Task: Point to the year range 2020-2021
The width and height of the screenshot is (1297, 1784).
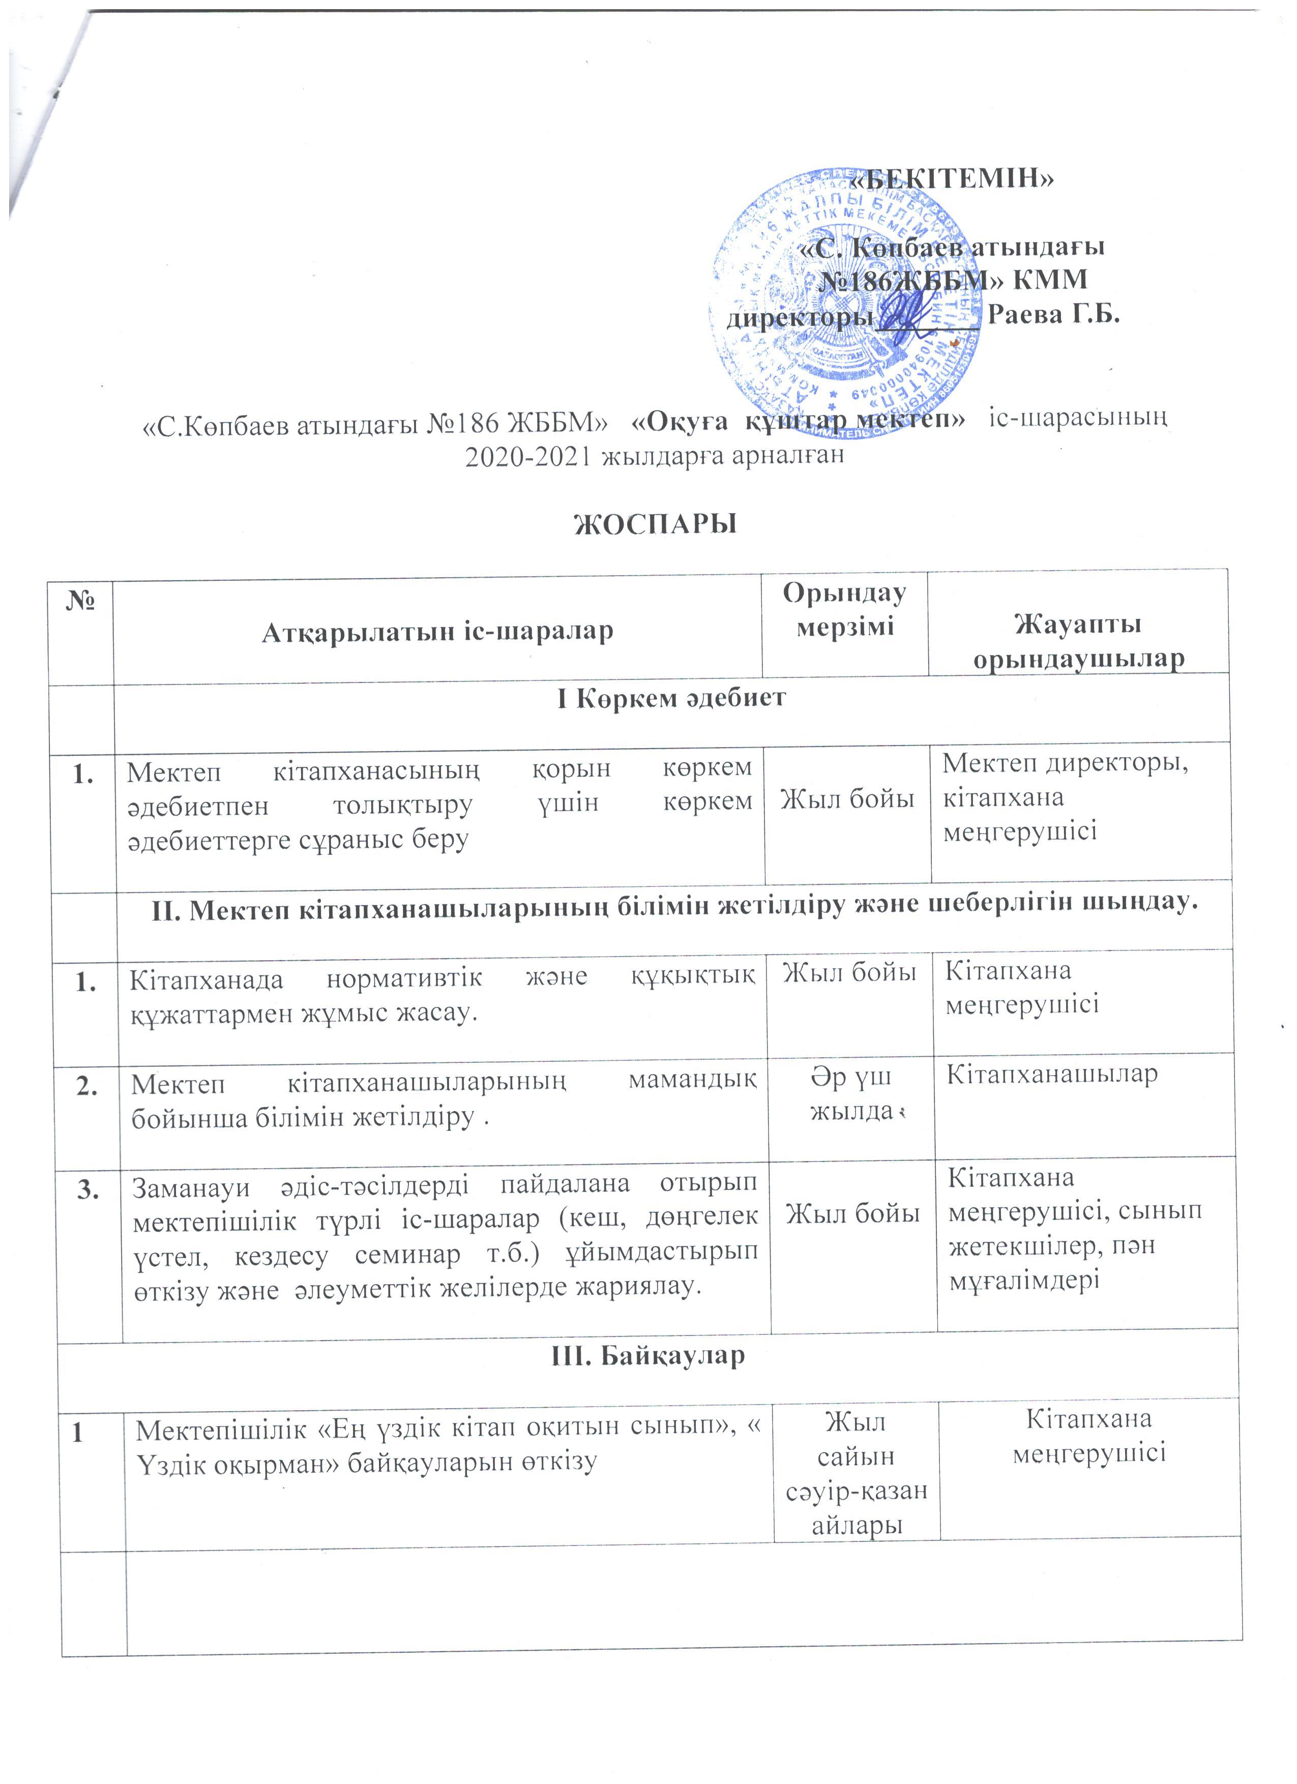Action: click(528, 456)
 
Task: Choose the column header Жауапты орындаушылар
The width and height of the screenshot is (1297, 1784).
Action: click(1078, 642)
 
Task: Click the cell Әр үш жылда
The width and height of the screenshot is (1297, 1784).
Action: click(851, 1093)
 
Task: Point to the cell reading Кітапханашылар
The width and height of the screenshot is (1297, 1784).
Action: click(1052, 1075)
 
